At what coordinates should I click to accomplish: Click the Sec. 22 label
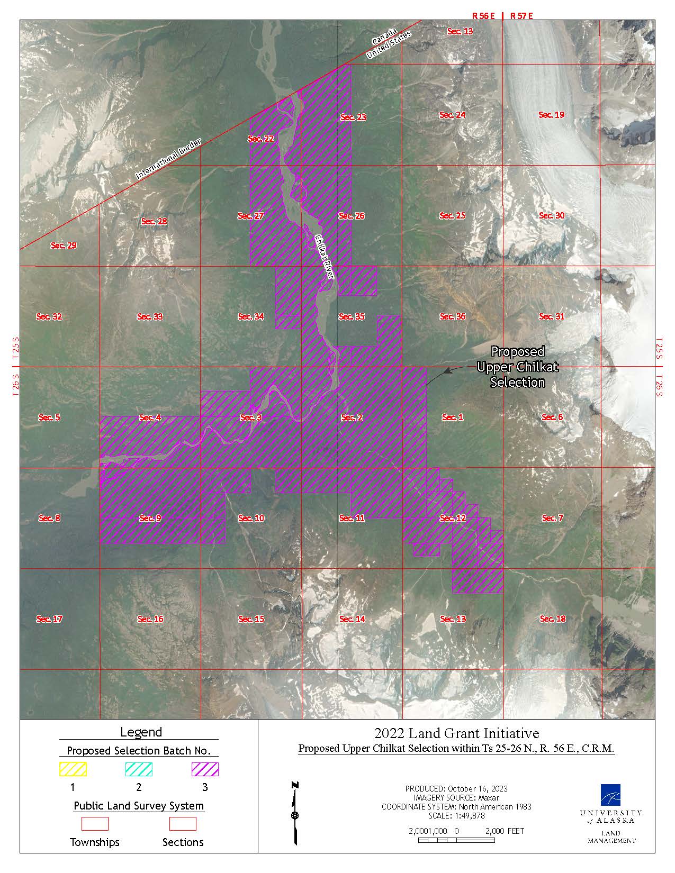point(261,139)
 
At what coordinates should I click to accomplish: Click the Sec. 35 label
point(352,316)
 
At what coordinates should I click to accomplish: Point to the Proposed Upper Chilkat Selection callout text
point(517,367)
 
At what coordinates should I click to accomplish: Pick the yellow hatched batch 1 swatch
point(73,769)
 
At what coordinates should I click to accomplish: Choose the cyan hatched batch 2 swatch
point(139,769)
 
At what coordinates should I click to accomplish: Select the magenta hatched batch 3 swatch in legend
point(205,769)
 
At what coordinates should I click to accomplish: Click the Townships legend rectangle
point(95,824)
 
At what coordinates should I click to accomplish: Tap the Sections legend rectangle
point(183,824)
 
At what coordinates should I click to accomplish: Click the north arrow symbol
point(295,813)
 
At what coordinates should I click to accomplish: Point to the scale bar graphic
point(456,840)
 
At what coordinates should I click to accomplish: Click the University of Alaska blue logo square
point(610,795)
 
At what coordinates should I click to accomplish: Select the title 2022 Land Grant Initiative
point(456,733)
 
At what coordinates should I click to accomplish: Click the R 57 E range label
point(521,16)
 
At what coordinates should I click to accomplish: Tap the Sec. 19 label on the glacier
point(551,115)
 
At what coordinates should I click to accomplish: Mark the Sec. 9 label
point(150,518)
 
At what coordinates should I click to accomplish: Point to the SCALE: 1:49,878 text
point(456,815)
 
